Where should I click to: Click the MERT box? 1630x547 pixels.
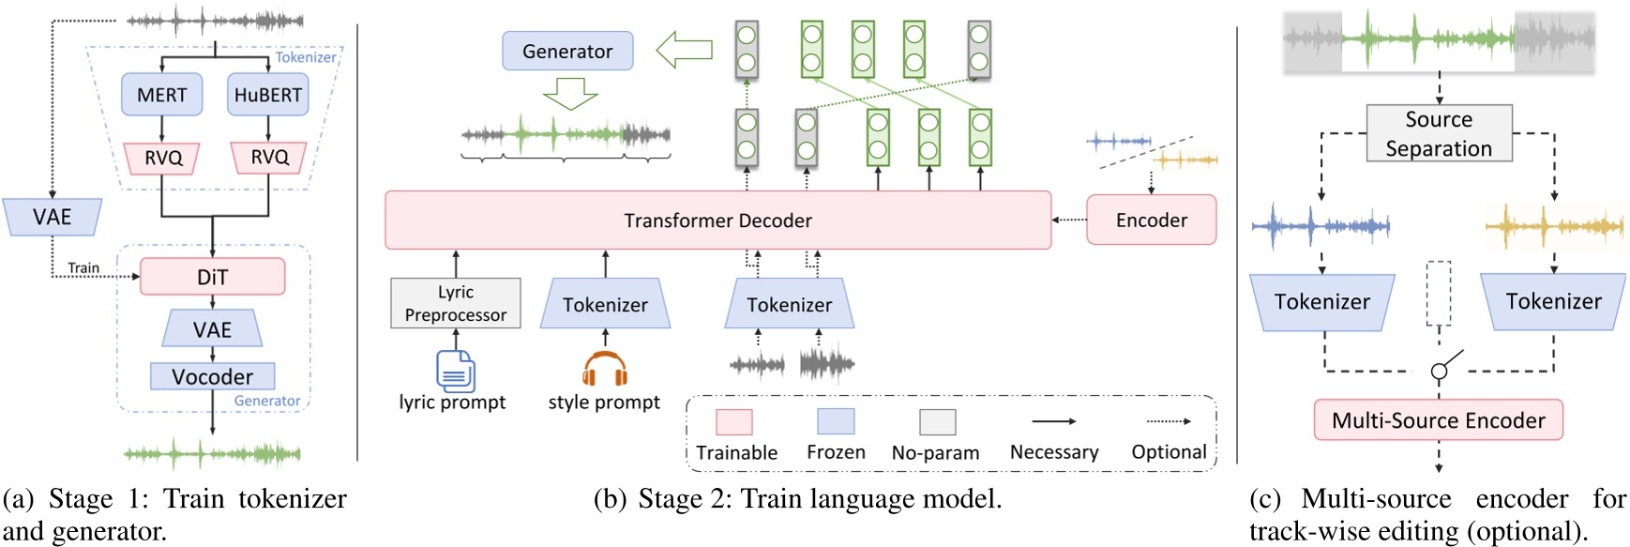tap(161, 95)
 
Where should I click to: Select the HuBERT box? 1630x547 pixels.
tap(267, 95)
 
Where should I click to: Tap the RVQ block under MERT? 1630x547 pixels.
tap(162, 158)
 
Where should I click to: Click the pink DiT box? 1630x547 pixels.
tap(212, 277)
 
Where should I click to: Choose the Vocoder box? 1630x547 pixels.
tap(212, 376)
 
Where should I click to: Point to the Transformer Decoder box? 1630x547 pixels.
tap(717, 220)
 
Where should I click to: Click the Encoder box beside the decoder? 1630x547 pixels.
tap(1151, 220)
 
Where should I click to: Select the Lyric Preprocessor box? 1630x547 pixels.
tap(455, 303)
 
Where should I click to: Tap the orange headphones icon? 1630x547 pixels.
tap(604, 369)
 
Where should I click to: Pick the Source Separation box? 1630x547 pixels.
tap(1439, 133)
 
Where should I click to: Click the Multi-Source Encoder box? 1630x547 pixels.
tap(1438, 420)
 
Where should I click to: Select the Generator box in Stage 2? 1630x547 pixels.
tap(567, 51)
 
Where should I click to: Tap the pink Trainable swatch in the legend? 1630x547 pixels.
tap(733, 422)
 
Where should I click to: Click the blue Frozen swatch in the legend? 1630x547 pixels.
tap(835, 422)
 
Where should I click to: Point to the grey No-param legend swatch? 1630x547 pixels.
tap(936, 422)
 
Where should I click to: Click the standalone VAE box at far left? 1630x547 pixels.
tap(52, 218)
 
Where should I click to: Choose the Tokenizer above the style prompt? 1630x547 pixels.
tap(605, 304)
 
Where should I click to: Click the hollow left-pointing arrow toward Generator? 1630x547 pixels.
tap(684, 50)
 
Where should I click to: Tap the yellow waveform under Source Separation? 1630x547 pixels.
tap(1554, 226)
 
